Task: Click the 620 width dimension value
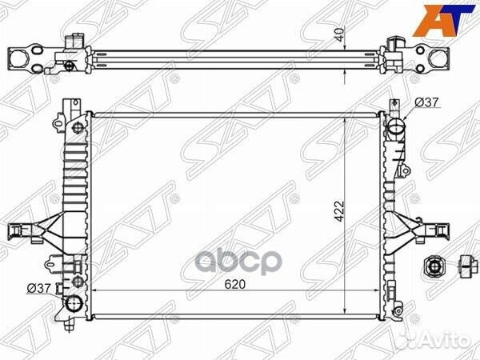click(235, 284)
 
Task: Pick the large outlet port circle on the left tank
click(75, 305)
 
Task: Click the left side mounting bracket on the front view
click(30, 230)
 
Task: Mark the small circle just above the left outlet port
click(77, 282)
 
